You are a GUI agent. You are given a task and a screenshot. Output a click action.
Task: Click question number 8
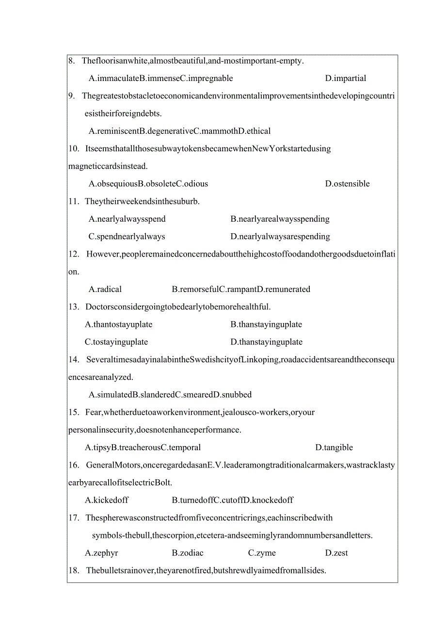pos(71,61)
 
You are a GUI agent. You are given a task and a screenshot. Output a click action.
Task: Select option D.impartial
pos(346,79)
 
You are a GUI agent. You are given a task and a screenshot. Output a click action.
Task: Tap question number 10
pos(73,148)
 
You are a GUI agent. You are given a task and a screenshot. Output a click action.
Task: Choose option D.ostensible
pos(347,184)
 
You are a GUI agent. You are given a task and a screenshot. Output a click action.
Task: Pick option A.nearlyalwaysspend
pos(127,219)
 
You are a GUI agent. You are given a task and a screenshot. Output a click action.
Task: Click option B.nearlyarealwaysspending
pos(280,219)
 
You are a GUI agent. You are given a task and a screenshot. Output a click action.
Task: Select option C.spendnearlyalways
pos(127,237)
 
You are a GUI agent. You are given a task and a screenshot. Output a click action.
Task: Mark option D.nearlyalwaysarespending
pos(280,237)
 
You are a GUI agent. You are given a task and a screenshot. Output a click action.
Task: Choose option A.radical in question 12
pos(105,290)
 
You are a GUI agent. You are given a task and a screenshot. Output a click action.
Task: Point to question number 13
pos(74,307)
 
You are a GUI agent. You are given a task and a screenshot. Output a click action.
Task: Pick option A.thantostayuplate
pos(118,324)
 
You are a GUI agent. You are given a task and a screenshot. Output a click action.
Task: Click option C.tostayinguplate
pos(116,342)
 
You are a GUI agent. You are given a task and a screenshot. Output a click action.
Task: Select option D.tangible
pos(334,448)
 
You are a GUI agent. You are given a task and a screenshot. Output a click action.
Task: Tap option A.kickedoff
pos(107,500)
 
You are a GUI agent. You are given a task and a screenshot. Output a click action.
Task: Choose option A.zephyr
pos(101,553)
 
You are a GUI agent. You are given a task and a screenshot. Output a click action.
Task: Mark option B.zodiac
pos(188,553)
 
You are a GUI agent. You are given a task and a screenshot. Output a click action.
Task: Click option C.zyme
pos(262,553)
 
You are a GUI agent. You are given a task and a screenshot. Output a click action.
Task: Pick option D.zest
pos(336,553)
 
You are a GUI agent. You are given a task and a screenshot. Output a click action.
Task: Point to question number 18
pos(74,570)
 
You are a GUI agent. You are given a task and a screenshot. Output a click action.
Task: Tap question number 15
pos(74,412)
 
